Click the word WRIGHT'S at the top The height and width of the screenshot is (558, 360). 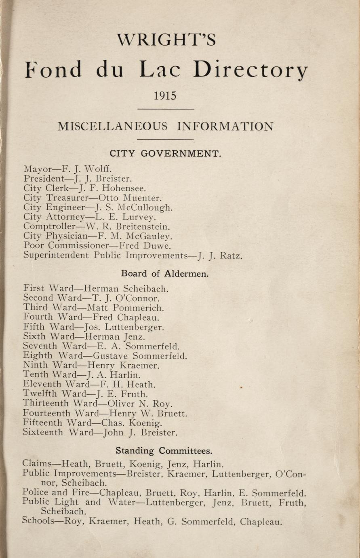pos(166,40)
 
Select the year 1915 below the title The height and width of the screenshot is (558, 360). pos(165,96)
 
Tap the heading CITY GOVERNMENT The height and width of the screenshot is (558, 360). pos(166,154)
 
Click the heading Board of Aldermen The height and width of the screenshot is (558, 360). pos(165,274)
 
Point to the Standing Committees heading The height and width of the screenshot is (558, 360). pos(164,450)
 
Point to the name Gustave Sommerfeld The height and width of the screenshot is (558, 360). pos(140,356)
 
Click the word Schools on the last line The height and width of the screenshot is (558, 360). pos(38,522)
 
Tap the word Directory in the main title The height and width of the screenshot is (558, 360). pos(251,70)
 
